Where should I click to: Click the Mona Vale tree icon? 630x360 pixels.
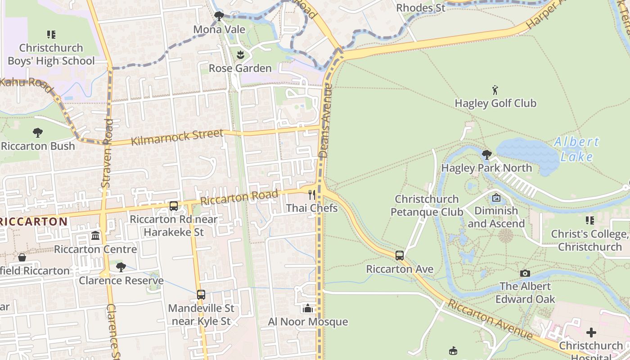pos(219,17)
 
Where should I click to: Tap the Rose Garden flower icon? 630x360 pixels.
pos(240,55)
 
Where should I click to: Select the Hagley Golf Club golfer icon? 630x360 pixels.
pos(495,90)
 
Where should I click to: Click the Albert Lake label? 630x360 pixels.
pos(577,149)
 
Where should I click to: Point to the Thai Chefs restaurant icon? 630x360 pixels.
pos(311,195)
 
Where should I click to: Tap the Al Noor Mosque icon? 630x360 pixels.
pos(308,309)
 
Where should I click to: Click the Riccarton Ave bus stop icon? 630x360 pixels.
pos(399,256)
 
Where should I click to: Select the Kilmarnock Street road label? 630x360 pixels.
pos(177,137)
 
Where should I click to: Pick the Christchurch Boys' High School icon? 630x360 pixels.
pos(51,35)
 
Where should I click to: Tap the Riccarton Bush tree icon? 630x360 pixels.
pos(38,133)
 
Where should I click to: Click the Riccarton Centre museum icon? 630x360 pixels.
pos(95,236)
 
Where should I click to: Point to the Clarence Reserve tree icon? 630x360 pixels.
pos(121,267)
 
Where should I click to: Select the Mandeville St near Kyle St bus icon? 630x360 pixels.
pos(201,295)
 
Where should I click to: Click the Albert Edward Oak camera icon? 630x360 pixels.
pos(525,273)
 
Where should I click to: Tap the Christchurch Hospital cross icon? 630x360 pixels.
pos(591,333)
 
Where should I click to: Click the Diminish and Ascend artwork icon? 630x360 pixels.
pos(496,198)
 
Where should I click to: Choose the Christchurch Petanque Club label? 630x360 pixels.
pos(427,205)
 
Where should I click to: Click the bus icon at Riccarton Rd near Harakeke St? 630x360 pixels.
pos(174,206)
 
